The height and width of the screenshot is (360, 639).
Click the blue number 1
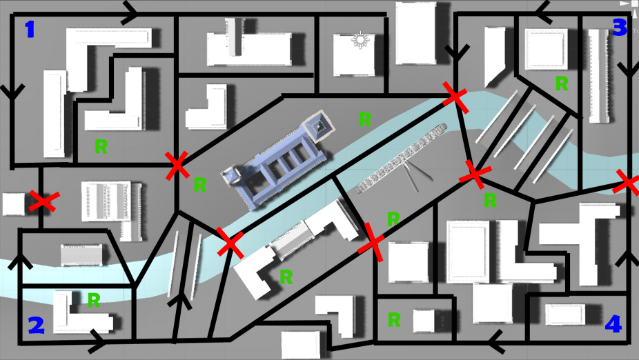(x=30, y=30)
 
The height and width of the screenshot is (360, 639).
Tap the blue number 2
(x=36, y=325)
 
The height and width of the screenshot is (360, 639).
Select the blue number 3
(x=620, y=28)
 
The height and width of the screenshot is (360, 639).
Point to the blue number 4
(x=613, y=324)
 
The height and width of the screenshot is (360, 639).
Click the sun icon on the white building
(x=360, y=40)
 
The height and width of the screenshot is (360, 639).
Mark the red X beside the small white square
(x=44, y=201)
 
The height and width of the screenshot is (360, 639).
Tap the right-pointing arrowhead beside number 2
(x=98, y=341)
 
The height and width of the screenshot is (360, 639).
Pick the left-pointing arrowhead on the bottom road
(x=496, y=341)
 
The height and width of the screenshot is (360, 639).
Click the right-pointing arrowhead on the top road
(x=130, y=12)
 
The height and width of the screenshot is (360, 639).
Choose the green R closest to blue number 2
(x=94, y=300)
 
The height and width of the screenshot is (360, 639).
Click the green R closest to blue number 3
(x=561, y=83)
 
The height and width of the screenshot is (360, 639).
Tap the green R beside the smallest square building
(x=393, y=320)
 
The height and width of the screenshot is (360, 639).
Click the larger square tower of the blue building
(x=319, y=126)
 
